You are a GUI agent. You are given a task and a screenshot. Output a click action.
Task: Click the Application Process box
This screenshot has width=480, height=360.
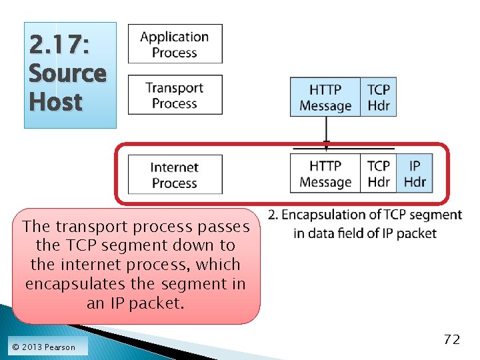(x=175, y=45)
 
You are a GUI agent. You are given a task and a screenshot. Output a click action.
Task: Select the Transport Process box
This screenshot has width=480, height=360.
(x=175, y=95)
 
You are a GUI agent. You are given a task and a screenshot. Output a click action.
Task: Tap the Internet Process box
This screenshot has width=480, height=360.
(x=175, y=175)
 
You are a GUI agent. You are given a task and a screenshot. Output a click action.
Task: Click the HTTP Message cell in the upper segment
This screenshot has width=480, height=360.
(x=325, y=97)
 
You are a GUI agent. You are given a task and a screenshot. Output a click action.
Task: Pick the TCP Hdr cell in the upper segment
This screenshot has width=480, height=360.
(x=379, y=97)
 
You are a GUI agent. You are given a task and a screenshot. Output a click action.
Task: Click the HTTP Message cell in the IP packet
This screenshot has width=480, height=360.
(x=325, y=173)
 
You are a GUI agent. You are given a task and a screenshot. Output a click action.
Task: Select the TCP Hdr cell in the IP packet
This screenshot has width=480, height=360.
(x=379, y=173)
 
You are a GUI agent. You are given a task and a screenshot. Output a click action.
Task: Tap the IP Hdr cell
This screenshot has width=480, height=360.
(x=415, y=173)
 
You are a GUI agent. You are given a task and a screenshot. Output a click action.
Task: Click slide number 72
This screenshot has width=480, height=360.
(x=451, y=339)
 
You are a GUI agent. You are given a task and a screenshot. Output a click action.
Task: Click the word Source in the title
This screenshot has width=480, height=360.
(x=67, y=73)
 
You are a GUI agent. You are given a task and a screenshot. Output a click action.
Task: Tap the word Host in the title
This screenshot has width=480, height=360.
(x=55, y=102)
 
